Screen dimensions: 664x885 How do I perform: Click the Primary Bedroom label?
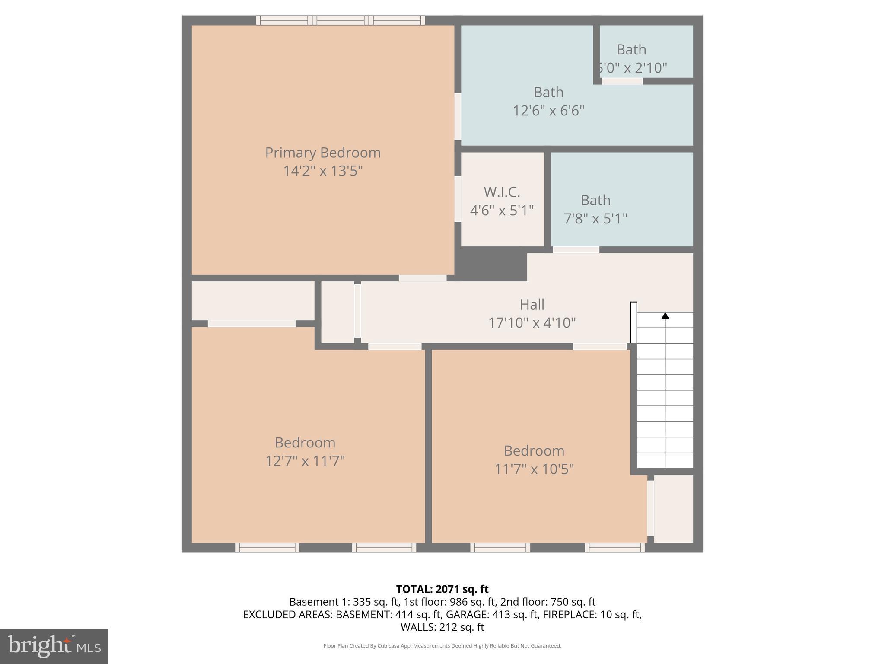323,153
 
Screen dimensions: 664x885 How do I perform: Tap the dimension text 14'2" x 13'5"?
323,171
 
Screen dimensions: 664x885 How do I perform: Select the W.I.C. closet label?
502,192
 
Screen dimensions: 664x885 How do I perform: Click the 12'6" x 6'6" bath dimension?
548,111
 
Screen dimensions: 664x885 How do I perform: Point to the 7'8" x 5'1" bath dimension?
595,219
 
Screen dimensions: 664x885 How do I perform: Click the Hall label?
532,304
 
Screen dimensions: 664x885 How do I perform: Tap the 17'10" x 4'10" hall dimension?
532,323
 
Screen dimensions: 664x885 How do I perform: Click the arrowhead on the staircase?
665,316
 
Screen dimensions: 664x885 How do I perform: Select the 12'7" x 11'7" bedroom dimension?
305,461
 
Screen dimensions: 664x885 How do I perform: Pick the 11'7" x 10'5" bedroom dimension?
534,469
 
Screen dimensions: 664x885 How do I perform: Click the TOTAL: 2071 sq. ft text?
442,589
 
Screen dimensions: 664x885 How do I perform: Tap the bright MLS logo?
54,646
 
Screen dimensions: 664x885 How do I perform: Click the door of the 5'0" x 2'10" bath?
622,81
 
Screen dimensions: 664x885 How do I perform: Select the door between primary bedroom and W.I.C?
458,199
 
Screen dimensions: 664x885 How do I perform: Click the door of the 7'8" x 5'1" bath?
576,250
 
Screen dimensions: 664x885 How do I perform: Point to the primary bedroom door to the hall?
422,278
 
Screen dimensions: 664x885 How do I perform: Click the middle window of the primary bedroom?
341,20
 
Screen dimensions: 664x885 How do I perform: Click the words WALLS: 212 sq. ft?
442,627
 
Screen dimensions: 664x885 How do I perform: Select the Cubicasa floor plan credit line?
442,646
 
